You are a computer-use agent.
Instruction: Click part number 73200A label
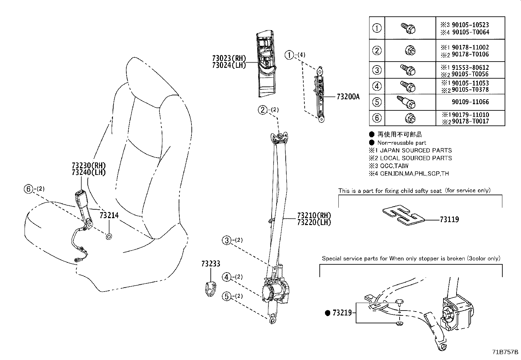tap(348, 97)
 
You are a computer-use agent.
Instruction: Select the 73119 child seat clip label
tap(449, 219)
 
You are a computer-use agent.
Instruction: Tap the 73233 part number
tap(210, 264)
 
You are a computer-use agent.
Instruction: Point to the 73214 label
tap(109, 215)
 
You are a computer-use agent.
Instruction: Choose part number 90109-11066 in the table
tap(470, 102)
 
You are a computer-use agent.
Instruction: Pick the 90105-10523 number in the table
tap(470, 25)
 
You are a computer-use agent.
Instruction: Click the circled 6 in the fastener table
tap(377, 118)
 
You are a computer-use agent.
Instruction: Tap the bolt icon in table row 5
tap(406, 102)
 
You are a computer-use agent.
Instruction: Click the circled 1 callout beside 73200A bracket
tap(289, 55)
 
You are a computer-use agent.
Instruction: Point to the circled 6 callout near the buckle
tap(28, 189)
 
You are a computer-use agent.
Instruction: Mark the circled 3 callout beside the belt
tap(226, 240)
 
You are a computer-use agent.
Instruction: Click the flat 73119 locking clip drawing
tap(404, 216)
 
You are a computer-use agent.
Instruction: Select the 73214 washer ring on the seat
tap(109, 236)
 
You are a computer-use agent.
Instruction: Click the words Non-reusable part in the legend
tap(402, 142)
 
